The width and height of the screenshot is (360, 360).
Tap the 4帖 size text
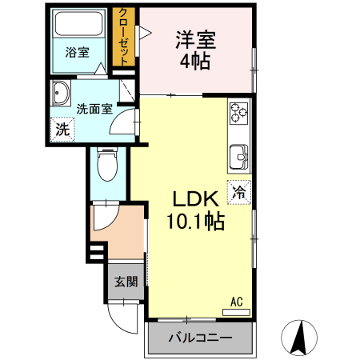(x=195, y=62)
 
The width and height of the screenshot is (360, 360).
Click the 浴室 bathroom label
(x=77, y=52)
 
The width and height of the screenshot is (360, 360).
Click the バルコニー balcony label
(x=200, y=338)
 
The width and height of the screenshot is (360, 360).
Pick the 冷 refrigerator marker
(x=239, y=191)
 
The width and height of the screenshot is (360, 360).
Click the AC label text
(x=236, y=301)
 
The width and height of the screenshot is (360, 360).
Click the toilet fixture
(x=106, y=166)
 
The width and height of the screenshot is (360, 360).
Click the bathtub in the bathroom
(x=77, y=26)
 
